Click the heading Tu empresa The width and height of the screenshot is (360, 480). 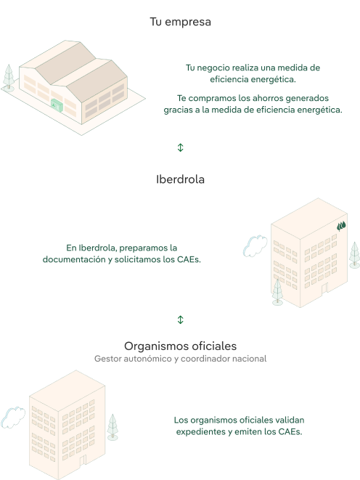(x=180, y=22)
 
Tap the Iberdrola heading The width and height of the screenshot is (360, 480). (x=180, y=179)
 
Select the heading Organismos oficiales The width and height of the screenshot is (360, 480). (x=180, y=346)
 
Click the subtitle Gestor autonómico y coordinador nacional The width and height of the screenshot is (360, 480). (x=180, y=359)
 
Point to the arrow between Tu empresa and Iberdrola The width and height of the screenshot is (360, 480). (x=180, y=147)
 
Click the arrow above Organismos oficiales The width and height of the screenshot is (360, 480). (x=180, y=320)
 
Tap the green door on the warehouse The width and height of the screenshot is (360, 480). (x=57, y=105)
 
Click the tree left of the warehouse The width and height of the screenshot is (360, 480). (x=9, y=78)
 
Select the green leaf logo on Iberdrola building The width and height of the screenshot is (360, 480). (x=341, y=227)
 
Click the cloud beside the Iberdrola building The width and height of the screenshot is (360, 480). (x=255, y=246)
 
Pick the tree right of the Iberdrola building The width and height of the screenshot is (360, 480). (x=354, y=255)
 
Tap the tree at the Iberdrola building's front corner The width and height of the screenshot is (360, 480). (x=277, y=292)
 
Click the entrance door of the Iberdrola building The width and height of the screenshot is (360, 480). (x=324, y=289)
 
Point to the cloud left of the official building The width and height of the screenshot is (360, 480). (x=13, y=418)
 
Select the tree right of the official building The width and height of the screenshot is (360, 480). (x=112, y=427)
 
